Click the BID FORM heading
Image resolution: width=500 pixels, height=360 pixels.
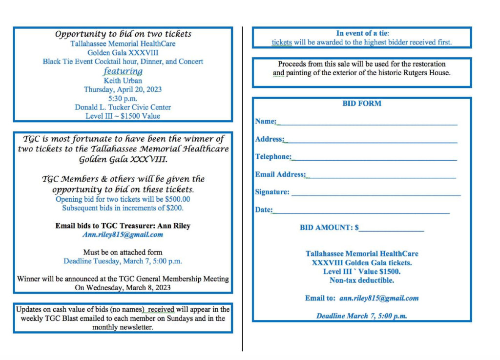point(362,104)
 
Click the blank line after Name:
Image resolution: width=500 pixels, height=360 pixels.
point(367,124)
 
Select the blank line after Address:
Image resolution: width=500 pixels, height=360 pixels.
point(371,142)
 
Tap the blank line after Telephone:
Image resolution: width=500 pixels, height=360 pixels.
point(374,159)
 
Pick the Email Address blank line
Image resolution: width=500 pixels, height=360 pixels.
point(381,177)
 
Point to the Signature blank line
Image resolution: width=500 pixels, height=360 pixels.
point(375,194)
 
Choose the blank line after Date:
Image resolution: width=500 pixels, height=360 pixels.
point(361,212)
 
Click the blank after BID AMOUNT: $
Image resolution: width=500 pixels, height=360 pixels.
point(391,230)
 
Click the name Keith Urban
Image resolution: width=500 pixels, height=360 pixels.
point(123,81)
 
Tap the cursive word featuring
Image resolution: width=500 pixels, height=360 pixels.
point(123,71)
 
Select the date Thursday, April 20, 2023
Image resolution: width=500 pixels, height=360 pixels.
point(123,89)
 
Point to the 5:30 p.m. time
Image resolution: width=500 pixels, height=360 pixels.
point(123,98)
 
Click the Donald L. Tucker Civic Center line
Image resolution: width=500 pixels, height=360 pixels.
point(123,107)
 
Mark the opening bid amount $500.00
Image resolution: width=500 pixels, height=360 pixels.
point(178,199)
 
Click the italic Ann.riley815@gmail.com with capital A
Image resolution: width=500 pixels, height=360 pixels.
point(123,234)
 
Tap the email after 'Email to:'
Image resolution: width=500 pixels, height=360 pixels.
point(379,298)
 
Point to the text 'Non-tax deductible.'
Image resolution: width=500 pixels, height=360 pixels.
point(362,280)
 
